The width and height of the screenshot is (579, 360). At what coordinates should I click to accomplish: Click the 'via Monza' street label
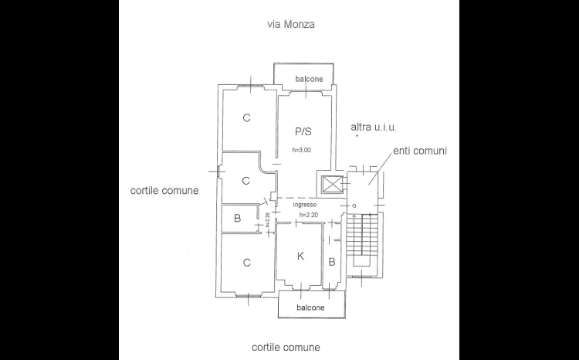pos(291,25)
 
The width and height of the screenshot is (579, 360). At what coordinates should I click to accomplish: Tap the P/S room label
pos(303,131)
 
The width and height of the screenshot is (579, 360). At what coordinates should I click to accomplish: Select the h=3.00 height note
pos(302,150)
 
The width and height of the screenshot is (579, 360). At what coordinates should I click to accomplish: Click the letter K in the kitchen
pos(300,256)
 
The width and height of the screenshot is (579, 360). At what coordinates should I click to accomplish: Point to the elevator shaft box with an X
pos(331,184)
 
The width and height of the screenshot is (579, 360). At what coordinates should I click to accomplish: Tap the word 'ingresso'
pos(305,205)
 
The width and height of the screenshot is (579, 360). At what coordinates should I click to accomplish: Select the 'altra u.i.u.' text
pos(374,127)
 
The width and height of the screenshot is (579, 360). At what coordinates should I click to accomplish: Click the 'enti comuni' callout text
pos(420,151)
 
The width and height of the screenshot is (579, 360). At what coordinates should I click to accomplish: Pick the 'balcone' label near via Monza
pos(309,79)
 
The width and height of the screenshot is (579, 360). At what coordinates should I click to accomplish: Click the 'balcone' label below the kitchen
pos(310,307)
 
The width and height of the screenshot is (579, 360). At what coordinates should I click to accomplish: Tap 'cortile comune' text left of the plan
pos(164,191)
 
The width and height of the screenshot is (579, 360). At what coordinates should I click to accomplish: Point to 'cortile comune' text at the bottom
pos(286,348)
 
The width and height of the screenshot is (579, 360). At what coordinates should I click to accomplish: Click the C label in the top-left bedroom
pos(247,118)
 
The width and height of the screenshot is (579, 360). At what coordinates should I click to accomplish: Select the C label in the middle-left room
pos(246,181)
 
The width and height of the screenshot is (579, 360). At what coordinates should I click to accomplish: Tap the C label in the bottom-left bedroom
pos(247,263)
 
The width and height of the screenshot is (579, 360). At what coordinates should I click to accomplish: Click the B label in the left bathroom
pos(238,219)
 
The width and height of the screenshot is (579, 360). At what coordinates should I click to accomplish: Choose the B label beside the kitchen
pos(332,262)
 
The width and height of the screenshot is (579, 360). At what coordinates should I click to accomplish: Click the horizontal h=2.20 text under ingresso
pos(308,215)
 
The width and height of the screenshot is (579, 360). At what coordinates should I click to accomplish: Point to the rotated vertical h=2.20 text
pos(267,219)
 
